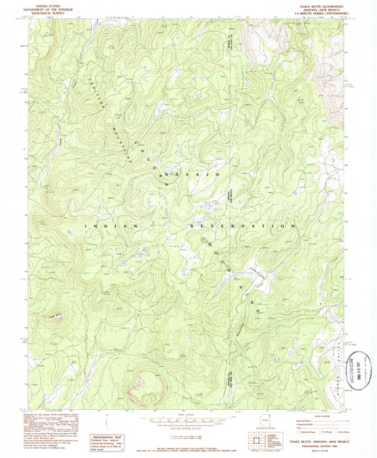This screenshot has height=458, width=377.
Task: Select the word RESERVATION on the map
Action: [240, 225]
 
